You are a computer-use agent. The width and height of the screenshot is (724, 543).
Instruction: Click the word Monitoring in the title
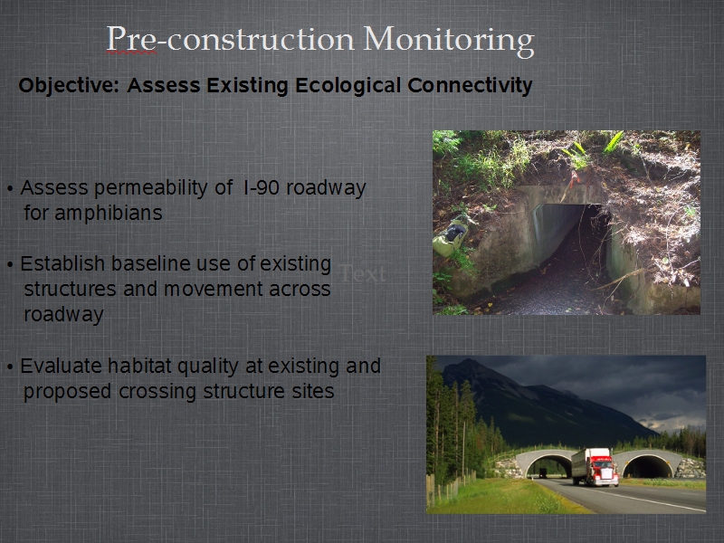[449, 40]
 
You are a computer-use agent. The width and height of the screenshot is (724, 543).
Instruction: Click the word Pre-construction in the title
[230, 39]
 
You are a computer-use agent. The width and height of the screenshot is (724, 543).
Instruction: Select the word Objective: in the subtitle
[70, 86]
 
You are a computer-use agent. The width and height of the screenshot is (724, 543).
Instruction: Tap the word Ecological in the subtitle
[348, 86]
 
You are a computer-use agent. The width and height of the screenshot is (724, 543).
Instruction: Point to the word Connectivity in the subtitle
[470, 86]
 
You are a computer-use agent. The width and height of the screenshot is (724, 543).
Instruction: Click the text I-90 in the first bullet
[261, 187]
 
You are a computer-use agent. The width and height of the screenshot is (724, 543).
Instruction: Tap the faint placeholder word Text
[363, 273]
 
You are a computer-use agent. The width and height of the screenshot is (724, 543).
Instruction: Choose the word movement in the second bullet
[214, 289]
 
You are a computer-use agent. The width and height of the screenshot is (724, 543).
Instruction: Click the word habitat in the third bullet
[139, 366]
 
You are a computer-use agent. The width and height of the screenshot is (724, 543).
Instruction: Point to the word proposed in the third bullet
[68, 392]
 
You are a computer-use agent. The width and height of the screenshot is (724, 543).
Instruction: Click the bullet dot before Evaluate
[10, 367]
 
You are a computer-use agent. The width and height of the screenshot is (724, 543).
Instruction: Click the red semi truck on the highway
[595, 467]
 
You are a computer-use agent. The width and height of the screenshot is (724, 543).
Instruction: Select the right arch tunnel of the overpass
[647, 466]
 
